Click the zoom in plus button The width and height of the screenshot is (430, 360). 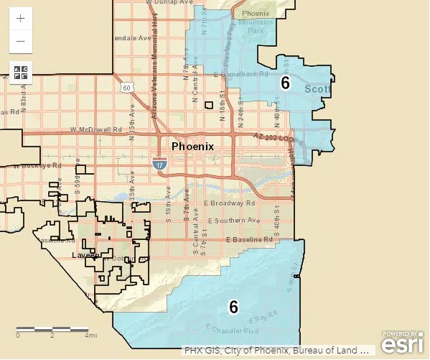(x=20, y=18)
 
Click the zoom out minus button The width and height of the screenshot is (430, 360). (x=20, y=41)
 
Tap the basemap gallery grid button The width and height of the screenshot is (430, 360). (x=20, y=73)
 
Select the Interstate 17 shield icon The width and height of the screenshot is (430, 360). (x=158, y=164)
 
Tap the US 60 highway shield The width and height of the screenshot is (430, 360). (x=126, y=88)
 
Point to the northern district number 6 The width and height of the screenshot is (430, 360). (x=285, y=83)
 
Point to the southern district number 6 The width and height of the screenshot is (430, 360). (x=233, y=307)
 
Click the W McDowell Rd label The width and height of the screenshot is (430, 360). (x=96, y=130)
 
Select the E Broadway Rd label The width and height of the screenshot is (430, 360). (x=230, y=203)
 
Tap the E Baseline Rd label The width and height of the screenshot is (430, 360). (x=246, y=239)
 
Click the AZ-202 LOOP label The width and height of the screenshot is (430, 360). (x=274, y=137)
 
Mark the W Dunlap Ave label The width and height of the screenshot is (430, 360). (x=170, y=3)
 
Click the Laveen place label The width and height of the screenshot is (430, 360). (x=85, y=255)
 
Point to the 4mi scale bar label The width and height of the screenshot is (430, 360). (x=91, y=336)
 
